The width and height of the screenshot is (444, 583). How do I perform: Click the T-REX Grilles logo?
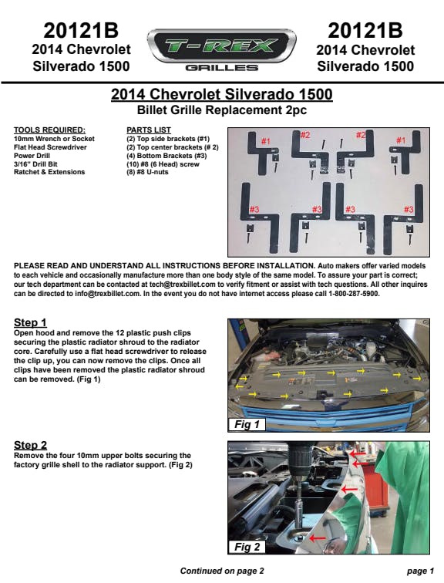pos(222,49)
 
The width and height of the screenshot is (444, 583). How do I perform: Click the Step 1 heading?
pos(30,322)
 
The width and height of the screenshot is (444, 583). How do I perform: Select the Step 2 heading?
pos(30,445)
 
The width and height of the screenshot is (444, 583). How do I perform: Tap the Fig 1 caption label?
pos(247,424)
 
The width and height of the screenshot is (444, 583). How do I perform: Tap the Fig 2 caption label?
pos(247,547)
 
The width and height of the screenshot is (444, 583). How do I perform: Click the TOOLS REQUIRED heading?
pos(49,130)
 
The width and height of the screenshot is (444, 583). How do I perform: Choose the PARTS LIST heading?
pos(149,130)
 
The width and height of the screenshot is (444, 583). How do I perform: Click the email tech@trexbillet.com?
pos(182,285)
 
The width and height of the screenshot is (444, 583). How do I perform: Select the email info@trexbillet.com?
pos(107,294)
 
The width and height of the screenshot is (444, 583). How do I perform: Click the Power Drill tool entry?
pos(32,156)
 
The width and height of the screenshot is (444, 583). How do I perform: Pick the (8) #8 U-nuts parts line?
pos(147,172)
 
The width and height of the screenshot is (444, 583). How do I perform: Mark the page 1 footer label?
pos(420,571)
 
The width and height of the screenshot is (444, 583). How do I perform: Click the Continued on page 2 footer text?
pos(222,571)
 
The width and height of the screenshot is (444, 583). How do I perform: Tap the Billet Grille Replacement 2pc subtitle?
pos(222,110)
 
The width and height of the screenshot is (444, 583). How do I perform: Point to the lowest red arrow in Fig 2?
pos(317,538)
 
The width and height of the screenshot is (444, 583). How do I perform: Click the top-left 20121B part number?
pos(81,31)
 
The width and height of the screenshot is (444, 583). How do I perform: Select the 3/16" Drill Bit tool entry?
pos(35,164)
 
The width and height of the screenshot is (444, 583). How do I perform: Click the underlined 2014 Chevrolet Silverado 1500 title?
pos(222,94)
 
